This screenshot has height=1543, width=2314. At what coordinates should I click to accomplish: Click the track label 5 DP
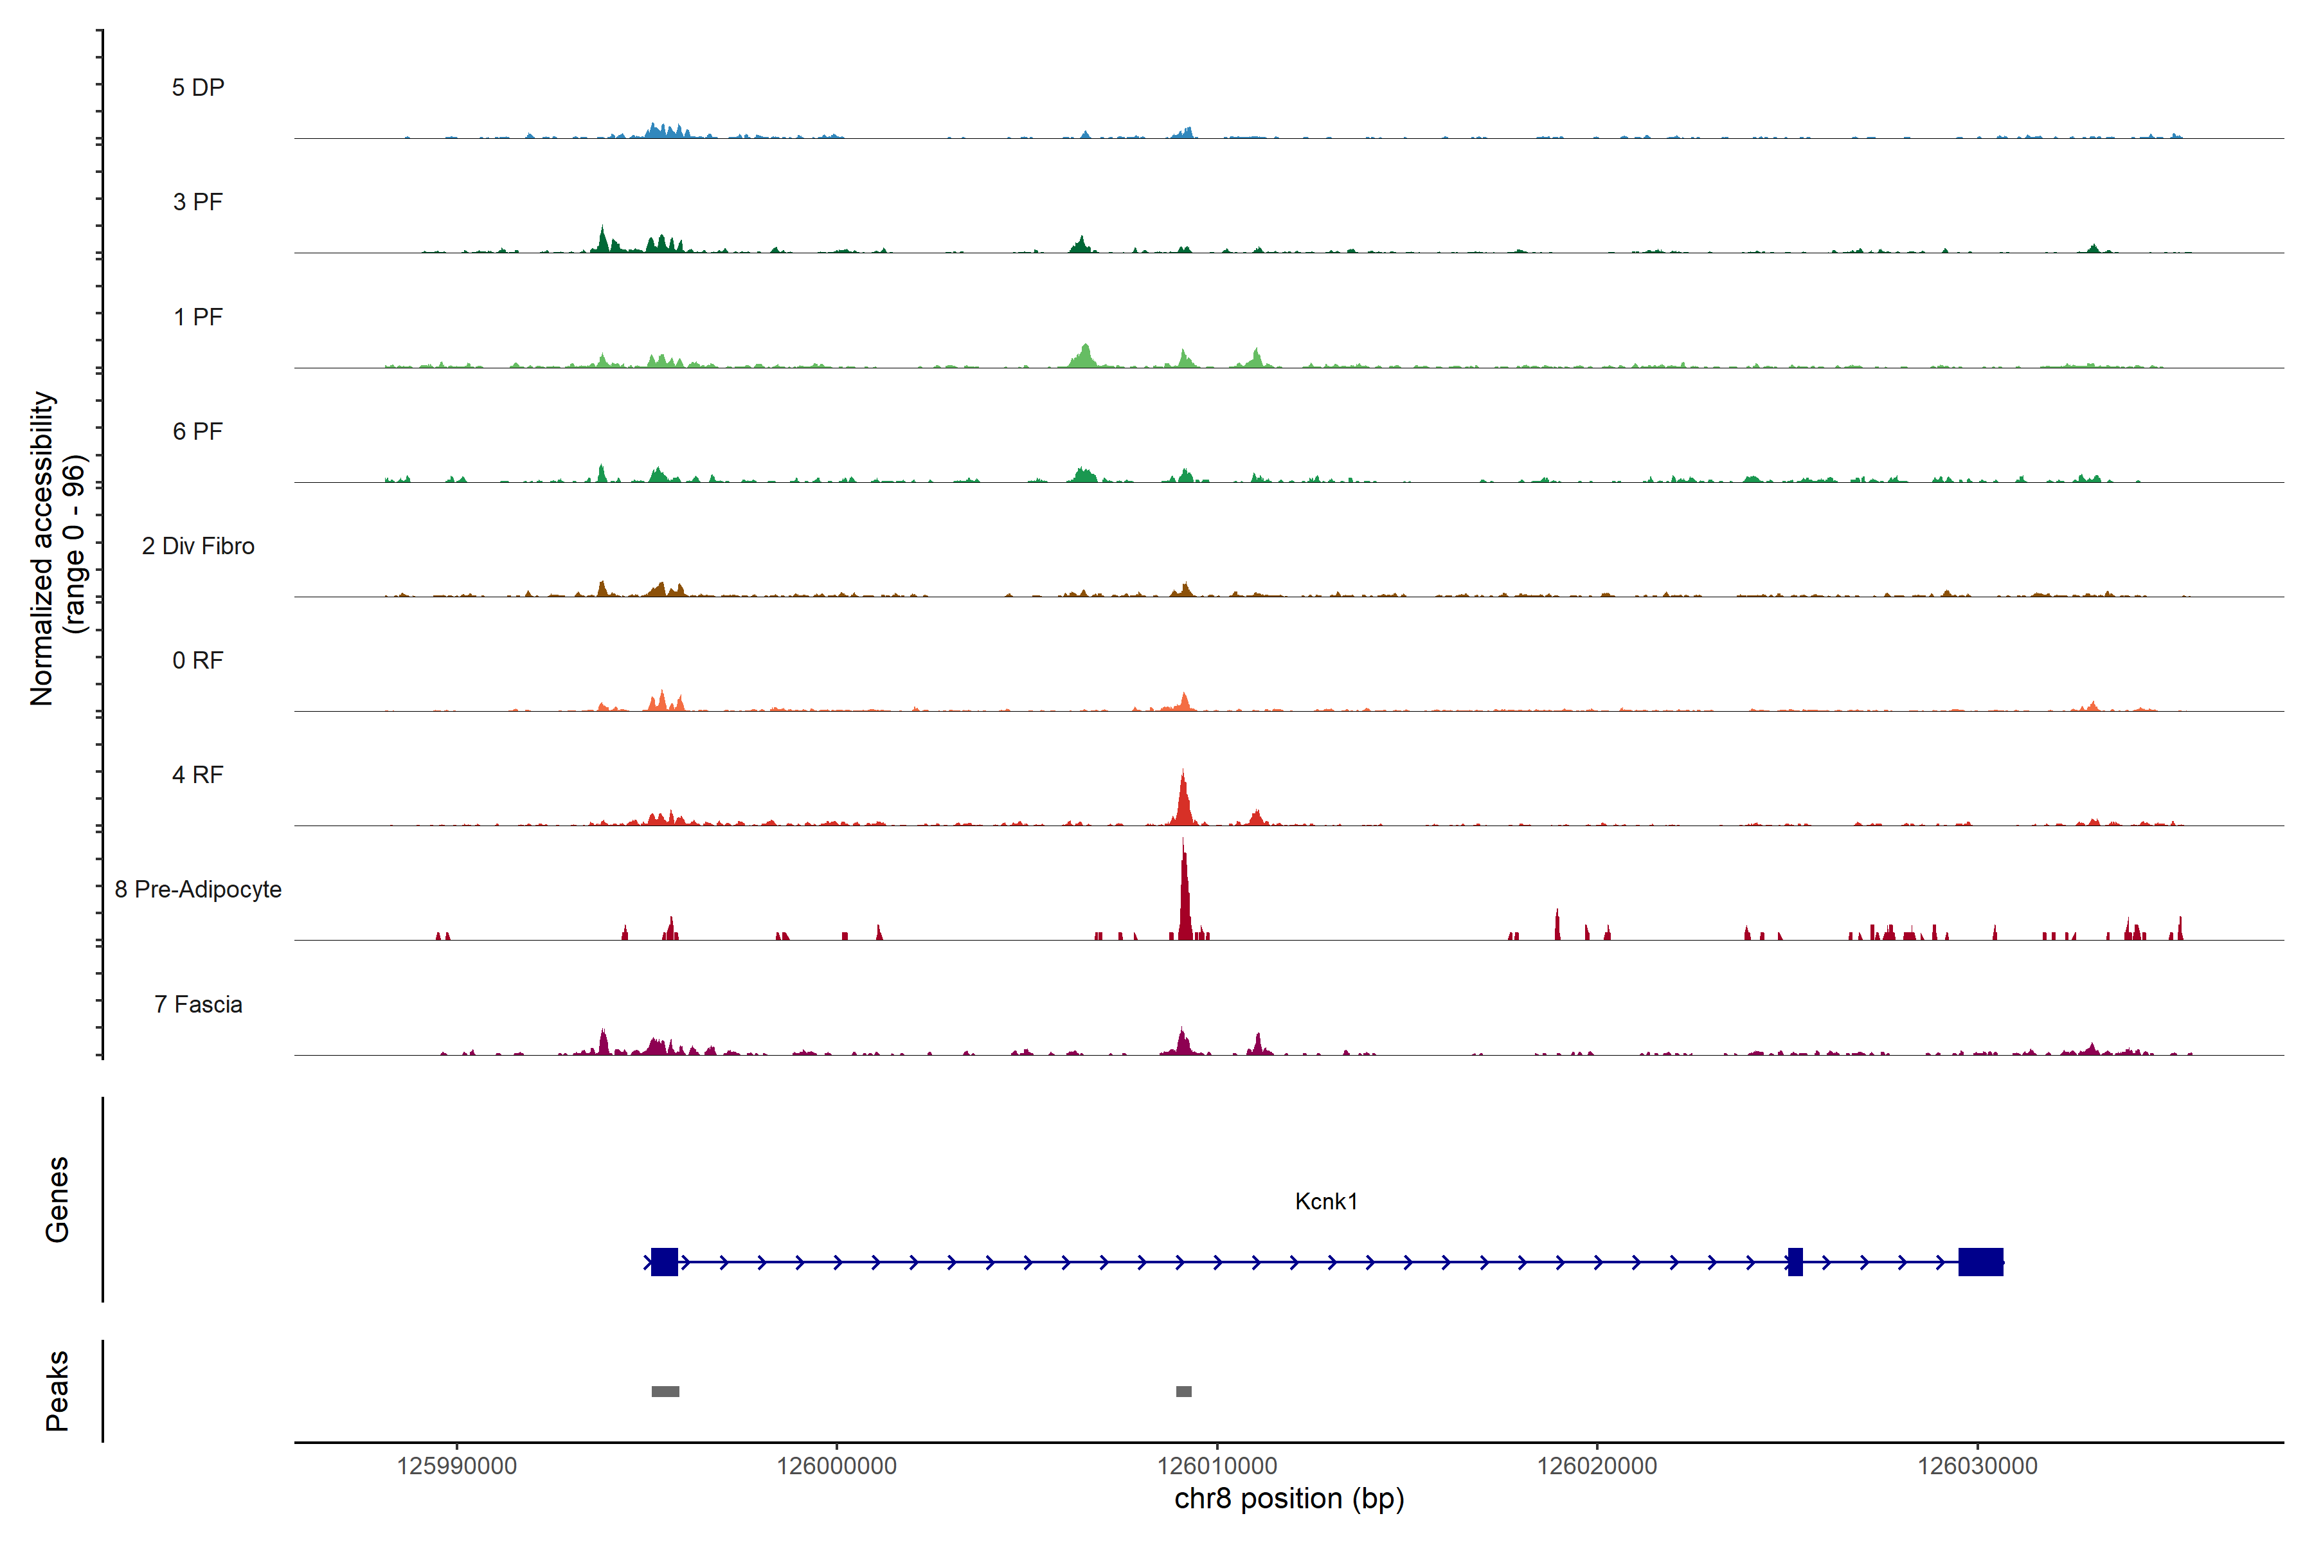(198, 87)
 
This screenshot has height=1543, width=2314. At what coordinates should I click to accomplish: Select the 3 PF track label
(198, 202)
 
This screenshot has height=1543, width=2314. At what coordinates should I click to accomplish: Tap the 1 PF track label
(198, 317)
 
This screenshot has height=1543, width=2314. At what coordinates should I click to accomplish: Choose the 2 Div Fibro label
(198, 546)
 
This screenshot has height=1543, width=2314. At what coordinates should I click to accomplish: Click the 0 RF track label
(198, 660)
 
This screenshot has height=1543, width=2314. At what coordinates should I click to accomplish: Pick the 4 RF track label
(198, 775)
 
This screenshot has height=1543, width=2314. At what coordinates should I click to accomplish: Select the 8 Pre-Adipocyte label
(198, 890)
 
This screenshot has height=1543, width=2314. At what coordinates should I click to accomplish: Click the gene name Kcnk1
(1325, 1202)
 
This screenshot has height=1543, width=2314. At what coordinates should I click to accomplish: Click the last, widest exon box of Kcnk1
(1980, 1261)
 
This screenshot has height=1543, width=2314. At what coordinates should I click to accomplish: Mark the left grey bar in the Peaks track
(665, 1391)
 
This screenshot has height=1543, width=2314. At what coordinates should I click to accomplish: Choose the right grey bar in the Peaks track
(1183, 1391)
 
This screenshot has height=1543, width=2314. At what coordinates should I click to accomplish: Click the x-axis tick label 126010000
(1216, 1466)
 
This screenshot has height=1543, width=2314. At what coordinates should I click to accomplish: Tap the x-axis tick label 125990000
(456, 1466)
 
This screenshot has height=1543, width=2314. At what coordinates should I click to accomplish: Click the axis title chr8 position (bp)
(1289, 1499)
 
